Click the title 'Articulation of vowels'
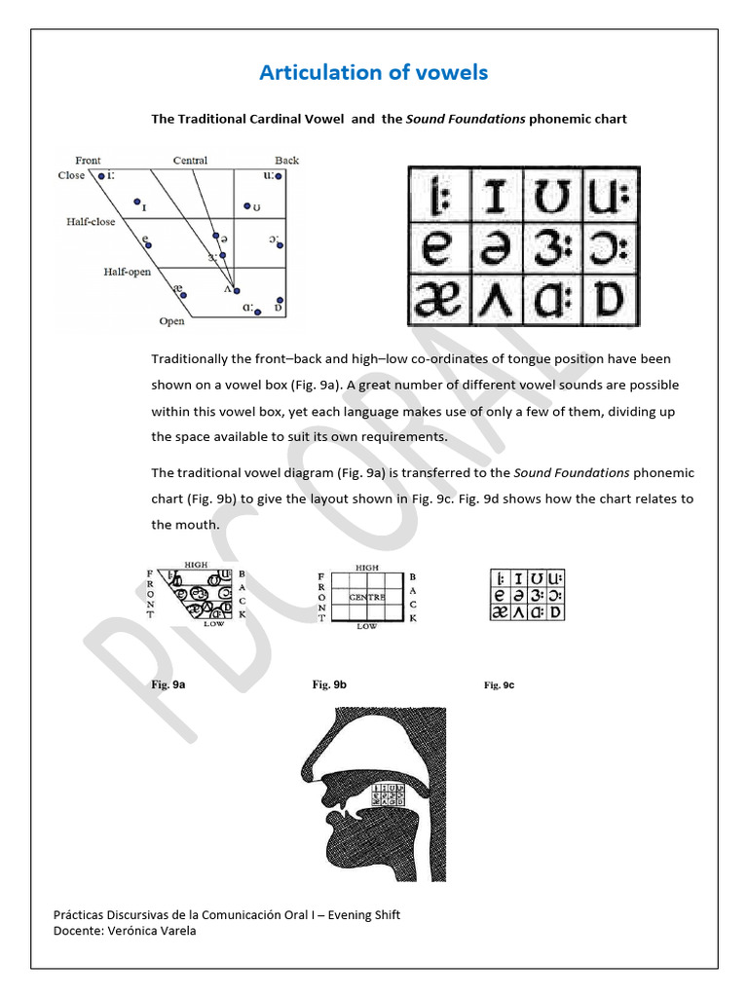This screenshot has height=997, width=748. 373,72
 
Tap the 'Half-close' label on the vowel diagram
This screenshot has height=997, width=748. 91,222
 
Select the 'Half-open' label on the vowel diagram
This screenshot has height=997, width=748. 128,272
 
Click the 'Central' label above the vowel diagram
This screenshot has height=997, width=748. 190,160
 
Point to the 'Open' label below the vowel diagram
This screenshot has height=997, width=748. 171,321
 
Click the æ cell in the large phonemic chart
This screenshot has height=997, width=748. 438,302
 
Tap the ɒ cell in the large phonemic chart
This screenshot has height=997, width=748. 610,302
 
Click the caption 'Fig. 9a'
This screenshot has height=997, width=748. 168,685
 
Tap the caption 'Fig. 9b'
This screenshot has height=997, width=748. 330,685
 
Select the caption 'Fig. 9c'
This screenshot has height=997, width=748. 499,685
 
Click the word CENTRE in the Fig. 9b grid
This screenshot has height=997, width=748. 366,596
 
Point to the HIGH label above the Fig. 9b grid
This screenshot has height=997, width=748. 367,567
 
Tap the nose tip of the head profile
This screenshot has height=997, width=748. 306,762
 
